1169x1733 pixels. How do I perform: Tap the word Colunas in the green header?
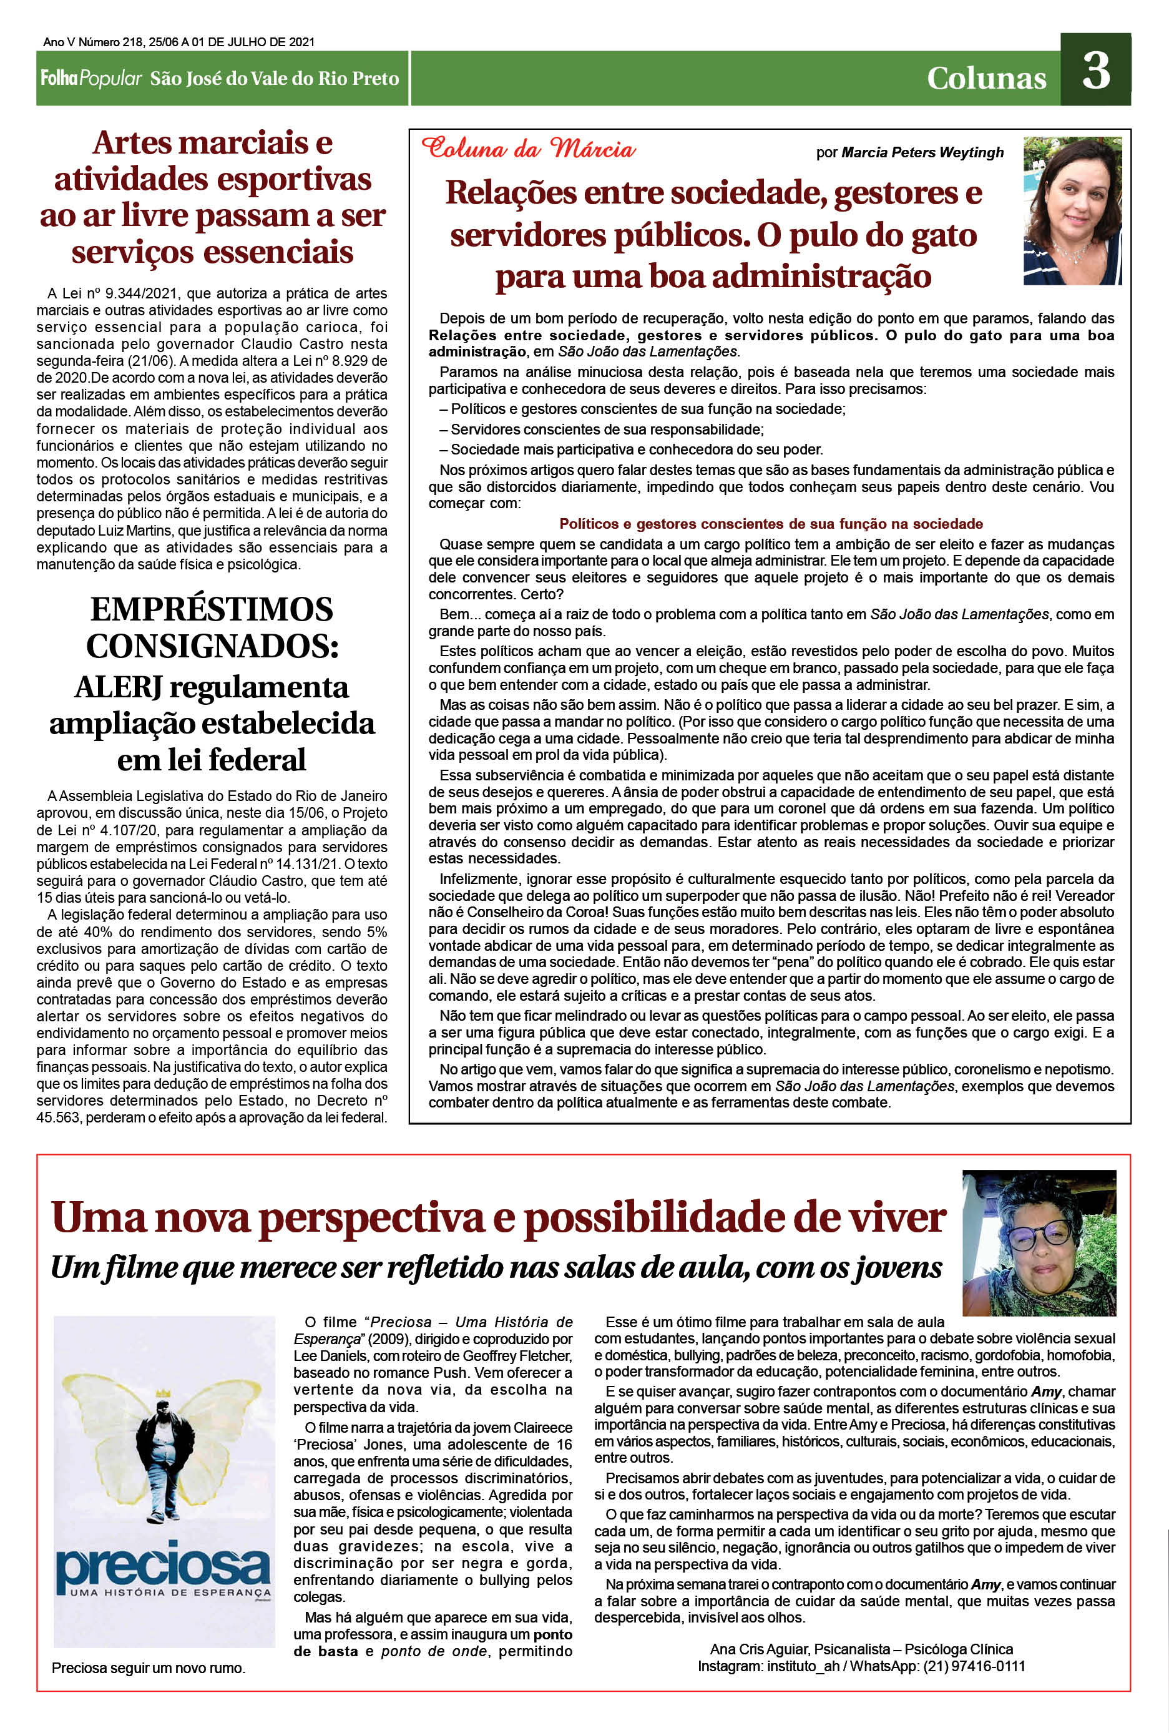[x=986, y=78]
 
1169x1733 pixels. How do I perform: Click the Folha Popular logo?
[x=91, y=78]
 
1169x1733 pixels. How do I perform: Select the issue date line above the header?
[x=179, y=42]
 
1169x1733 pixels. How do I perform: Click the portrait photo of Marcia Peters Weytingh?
[x=1072, y=210]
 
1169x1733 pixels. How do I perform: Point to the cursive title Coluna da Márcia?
[x=528, y=149]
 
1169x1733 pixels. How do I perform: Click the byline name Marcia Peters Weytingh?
[x=922, y=153]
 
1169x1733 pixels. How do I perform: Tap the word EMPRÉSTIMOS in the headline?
[x=212, y=609]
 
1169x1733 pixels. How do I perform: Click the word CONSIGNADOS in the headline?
[x=211, y=646]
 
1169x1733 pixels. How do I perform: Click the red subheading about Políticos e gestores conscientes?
[x=771, y=524]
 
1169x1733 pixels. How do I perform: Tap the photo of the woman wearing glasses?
[x=1039, y=1244]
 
